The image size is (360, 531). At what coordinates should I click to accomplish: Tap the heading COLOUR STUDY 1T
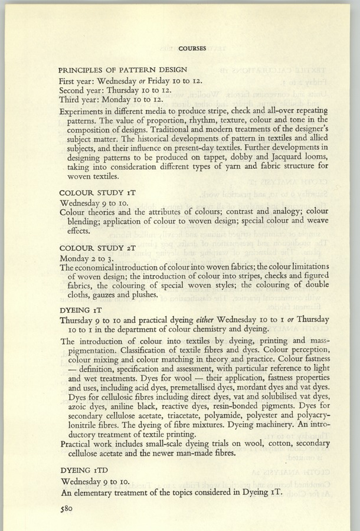[x=96, y=192]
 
